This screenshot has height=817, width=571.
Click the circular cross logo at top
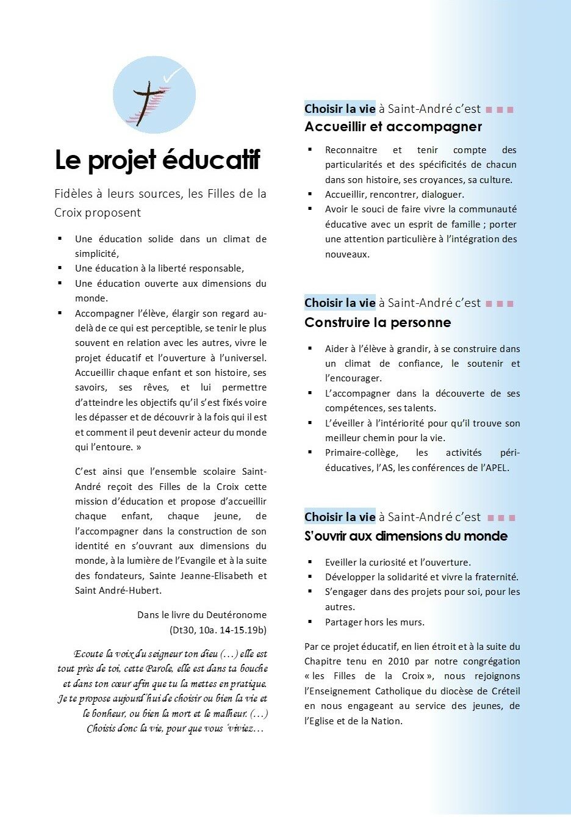coord(154,95)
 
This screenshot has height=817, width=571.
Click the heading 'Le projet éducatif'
coord(157,160)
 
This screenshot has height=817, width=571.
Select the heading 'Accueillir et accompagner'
coord(393,127)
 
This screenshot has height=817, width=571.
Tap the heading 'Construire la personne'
coord(378,323)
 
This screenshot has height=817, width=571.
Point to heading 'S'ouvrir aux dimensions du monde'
coord(406,536)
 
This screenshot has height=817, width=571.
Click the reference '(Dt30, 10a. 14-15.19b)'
coord(218,630)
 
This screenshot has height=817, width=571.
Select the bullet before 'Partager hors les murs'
coord(310,622)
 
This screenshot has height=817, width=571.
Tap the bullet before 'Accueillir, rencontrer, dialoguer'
coord(310,194)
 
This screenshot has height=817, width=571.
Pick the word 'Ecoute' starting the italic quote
coord(88,654)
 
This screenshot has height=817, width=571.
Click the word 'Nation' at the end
coord(386,721)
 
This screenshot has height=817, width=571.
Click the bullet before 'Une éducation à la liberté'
coord(60,268)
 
